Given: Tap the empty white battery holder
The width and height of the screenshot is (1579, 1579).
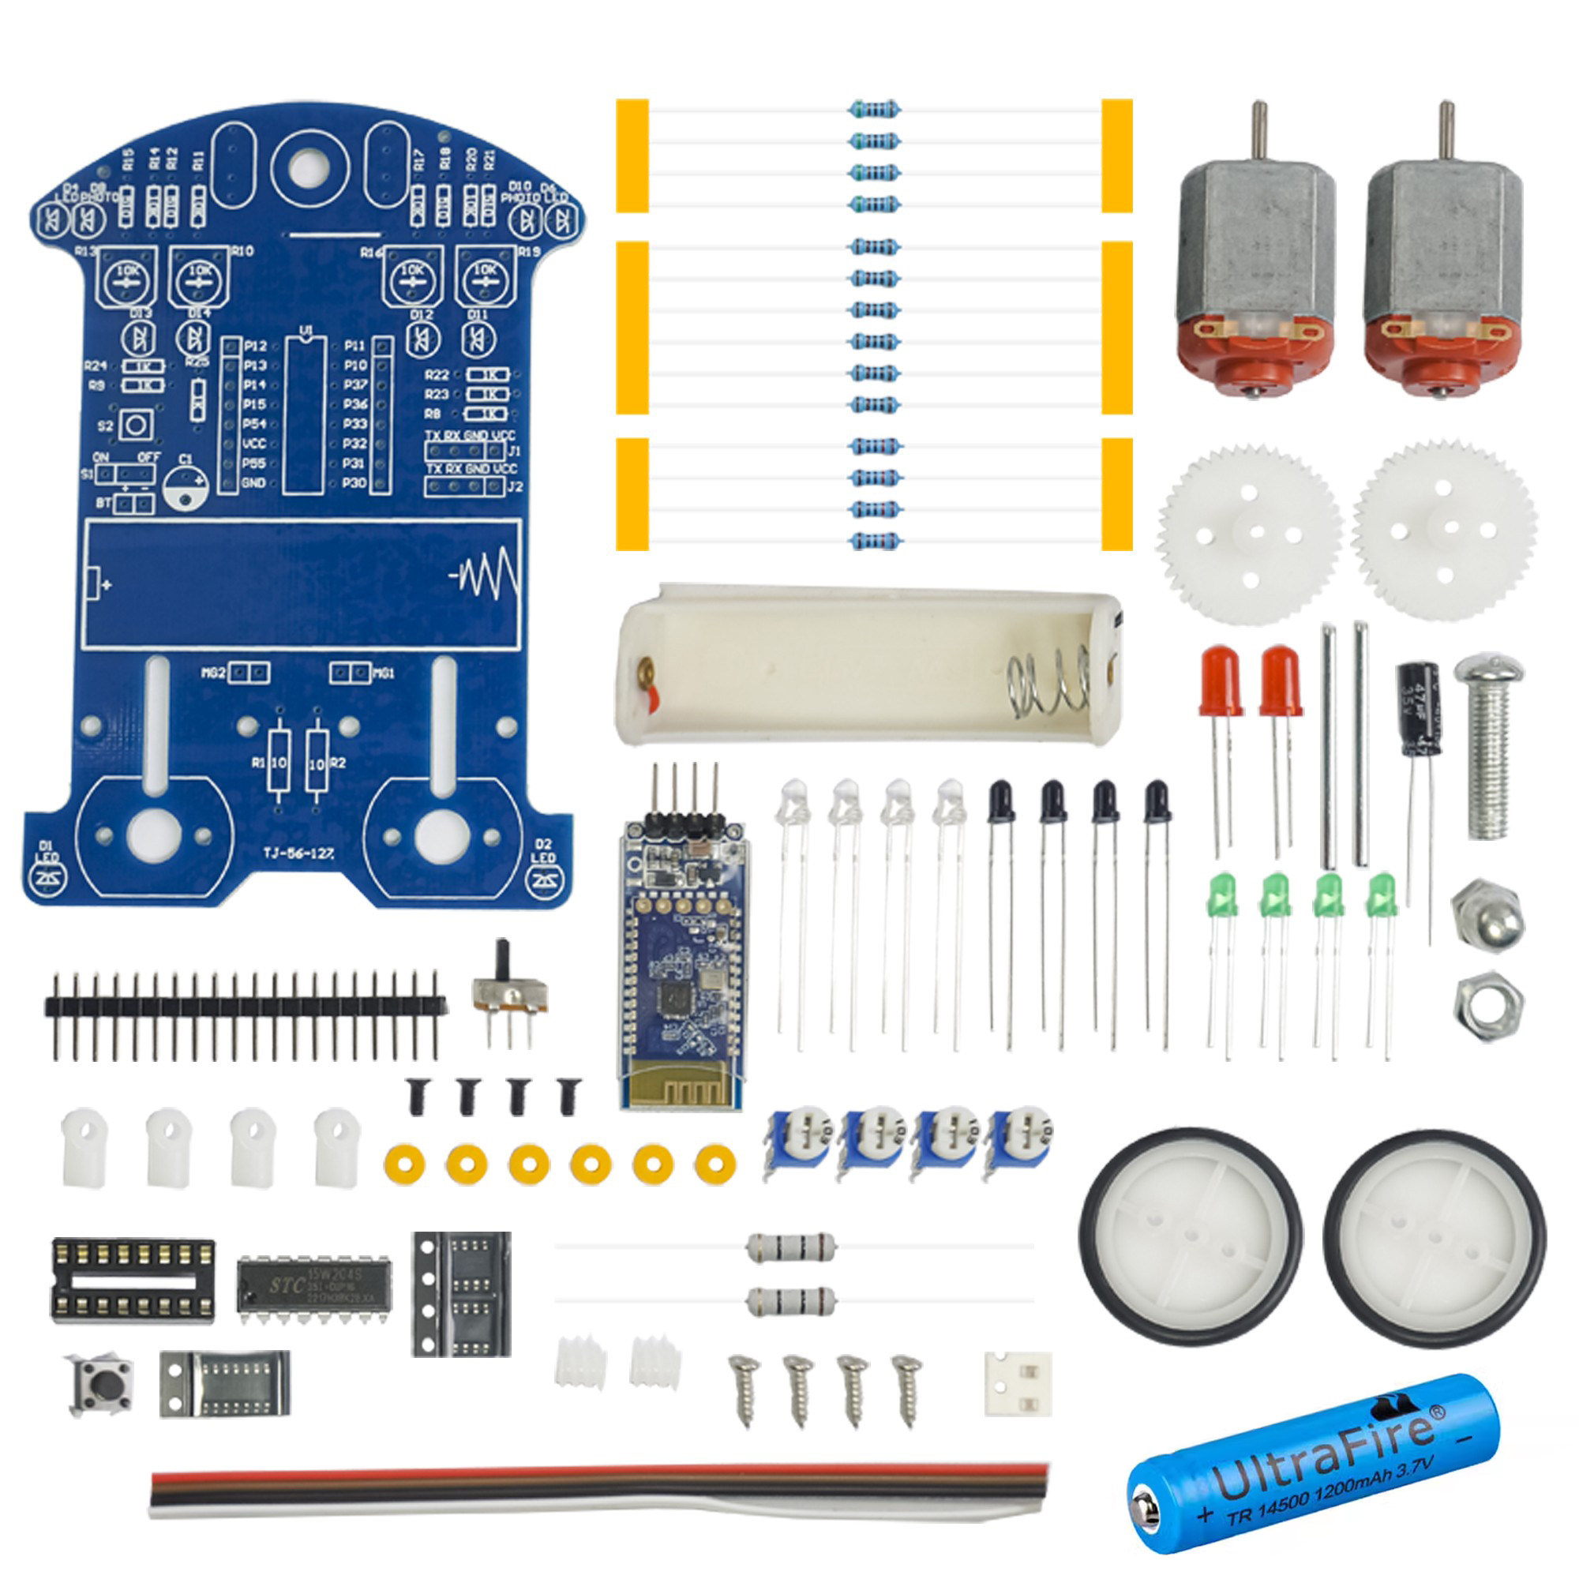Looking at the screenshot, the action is (866, 664).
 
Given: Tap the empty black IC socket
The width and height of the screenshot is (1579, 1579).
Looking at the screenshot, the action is (133, 1280).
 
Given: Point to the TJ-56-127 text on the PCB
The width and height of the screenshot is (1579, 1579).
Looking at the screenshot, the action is (298, 853).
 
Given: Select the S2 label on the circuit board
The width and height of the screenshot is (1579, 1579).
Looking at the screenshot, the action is (106, 426).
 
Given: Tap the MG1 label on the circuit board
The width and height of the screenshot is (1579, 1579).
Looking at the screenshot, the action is (384, 673).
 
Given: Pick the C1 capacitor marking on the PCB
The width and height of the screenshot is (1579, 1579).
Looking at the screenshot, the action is (186, 459).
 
